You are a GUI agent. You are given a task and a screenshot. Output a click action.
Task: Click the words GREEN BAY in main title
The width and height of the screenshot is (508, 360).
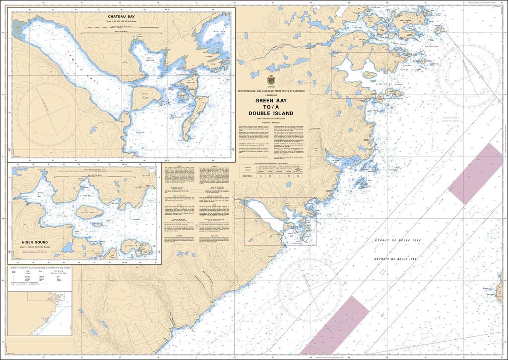coord(271,101)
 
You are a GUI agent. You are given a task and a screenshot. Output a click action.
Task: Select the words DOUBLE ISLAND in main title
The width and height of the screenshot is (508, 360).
coord(271,113)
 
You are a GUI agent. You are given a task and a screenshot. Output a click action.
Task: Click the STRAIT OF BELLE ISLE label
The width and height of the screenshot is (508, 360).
coord(397,240)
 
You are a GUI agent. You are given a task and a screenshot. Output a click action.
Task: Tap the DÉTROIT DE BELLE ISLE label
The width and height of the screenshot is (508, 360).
coord(397,259)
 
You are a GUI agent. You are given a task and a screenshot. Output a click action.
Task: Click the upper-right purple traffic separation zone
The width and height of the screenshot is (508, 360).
coord(475,174)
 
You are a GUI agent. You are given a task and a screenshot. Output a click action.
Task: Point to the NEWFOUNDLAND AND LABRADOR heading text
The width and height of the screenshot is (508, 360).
coord(271,91)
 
